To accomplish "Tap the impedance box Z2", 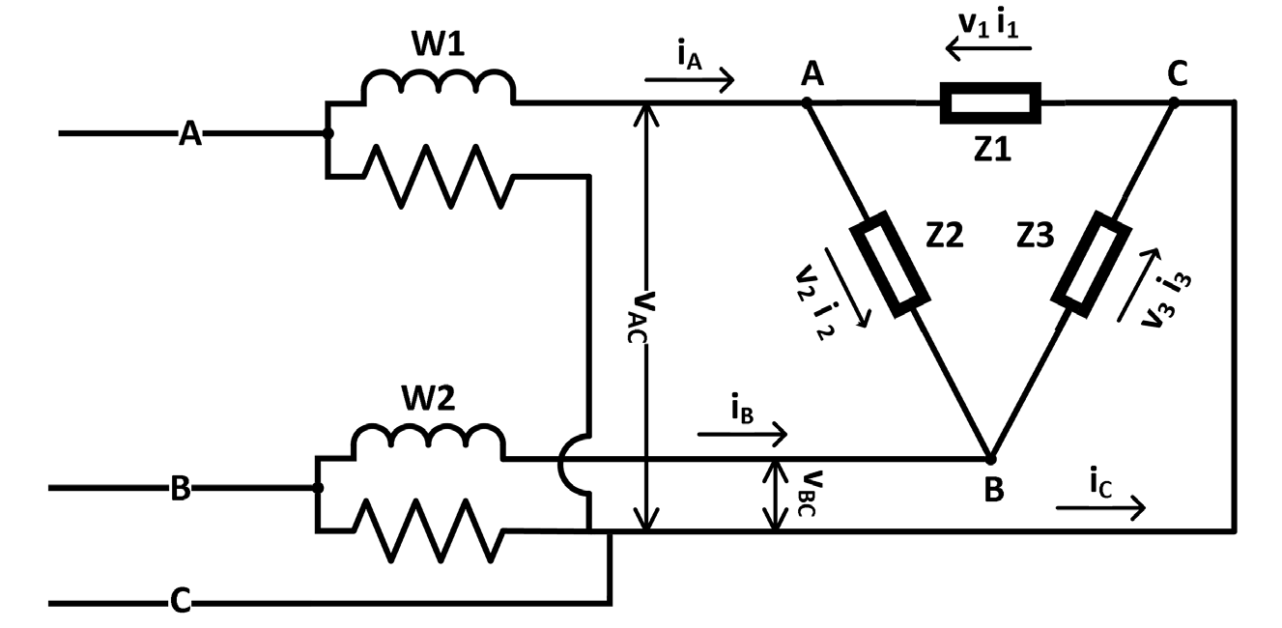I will coord(888,267).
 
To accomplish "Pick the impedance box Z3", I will coord(1092,263).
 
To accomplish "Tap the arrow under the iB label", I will coord(741,436).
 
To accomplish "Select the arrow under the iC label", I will coord(1101,508).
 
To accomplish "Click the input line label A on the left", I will coord(190,133).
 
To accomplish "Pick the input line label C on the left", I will coord(180,603).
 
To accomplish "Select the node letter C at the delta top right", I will coord(1177,72).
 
